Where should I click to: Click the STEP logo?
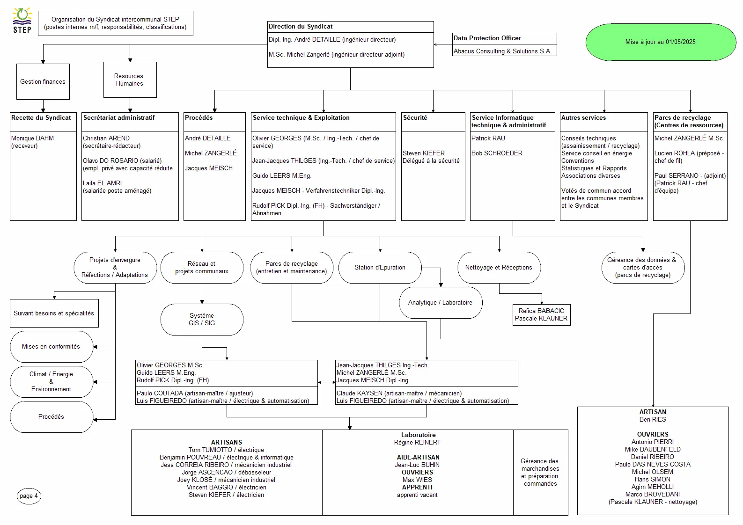point(22,21)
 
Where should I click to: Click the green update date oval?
point(660,42)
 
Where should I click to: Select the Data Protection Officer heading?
point(487,38)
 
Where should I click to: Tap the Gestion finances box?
point(43,81)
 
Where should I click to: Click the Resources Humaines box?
point(130,80)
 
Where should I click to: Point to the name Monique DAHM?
point(32,139)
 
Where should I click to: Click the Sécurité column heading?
point(415,118)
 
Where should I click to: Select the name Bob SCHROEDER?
point(497,153)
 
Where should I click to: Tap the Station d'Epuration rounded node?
point(380,268)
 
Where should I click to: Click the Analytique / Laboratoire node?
point(440,303)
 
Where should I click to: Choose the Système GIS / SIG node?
point(202,320)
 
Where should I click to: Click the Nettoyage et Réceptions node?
point(499,268)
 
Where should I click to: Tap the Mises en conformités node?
point(51,347)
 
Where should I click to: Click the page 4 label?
point(29,496)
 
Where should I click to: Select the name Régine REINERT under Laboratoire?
point(417,443)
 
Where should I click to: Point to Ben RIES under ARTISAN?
point(652,420)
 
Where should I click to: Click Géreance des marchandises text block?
point(540,472)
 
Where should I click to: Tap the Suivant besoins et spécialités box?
point(54,314)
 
